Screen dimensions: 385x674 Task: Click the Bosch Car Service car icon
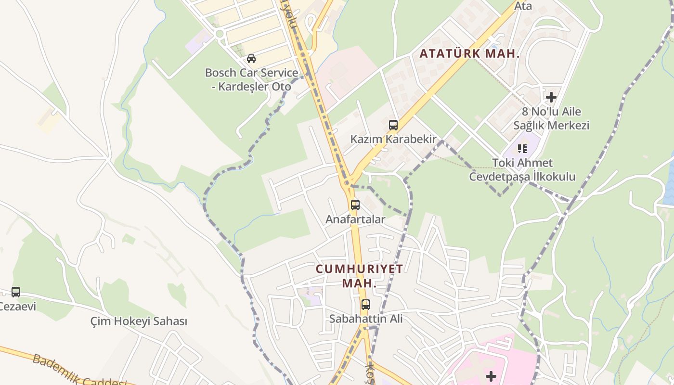[251, 59]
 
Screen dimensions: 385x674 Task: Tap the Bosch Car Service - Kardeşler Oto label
[251, 79]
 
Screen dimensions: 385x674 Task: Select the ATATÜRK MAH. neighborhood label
[469, 53]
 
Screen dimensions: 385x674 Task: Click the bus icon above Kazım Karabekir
[393, 125]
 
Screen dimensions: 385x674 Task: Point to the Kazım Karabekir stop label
[393, 140]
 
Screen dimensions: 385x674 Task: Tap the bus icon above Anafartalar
[355, 205]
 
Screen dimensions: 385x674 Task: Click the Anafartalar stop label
[355, 219]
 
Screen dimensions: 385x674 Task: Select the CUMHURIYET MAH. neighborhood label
[359, 276]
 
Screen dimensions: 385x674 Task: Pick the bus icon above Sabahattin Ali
[366, 304]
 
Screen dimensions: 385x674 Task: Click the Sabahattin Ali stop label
[366, 319]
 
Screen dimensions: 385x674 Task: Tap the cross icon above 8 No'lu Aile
[551, 97]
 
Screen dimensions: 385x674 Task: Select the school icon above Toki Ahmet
[522, 149]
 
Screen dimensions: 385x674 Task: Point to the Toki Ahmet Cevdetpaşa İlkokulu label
[522, 169]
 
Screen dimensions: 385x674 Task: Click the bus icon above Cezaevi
[16, 292]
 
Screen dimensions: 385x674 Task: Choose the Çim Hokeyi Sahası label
[139, 321]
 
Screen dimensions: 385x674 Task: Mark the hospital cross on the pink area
[491, 376]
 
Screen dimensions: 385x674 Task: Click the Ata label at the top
[523, 6]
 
